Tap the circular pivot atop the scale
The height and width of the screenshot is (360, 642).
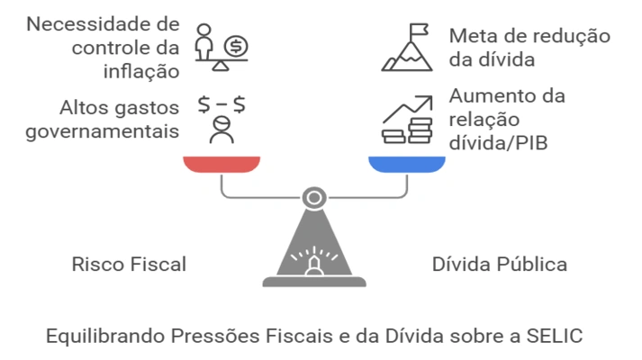[x=314, y=195]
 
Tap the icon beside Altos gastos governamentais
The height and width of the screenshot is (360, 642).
[x=221, y=117]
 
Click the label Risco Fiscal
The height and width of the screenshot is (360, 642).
[x=129, y=265]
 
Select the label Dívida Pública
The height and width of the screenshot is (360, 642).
[x=500, y=265]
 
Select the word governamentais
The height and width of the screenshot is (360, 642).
[x=100, y=130]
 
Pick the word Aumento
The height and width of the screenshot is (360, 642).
[x=486, y=95]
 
